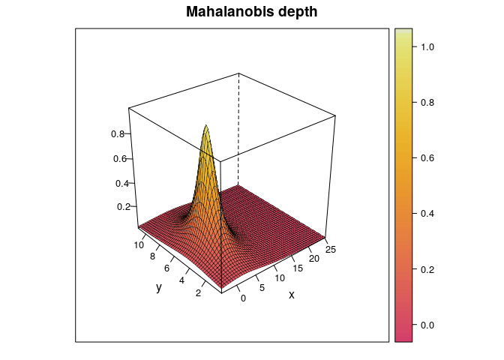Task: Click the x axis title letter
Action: (x=292, y=295)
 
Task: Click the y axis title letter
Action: (x=159, y=287)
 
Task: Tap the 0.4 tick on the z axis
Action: (x=121, y=183)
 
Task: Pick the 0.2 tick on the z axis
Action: (x=122, y=206)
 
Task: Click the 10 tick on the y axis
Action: (x=139, y=244)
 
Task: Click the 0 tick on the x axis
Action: (x=242, y=298)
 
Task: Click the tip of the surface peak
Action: (x=206, y=125)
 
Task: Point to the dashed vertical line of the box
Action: (x=239, y=127)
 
